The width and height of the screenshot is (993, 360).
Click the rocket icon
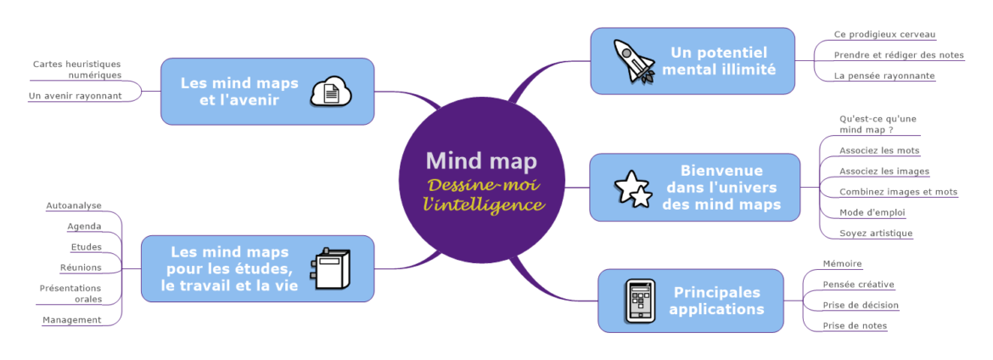633,60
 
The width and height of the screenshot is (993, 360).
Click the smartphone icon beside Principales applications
641,301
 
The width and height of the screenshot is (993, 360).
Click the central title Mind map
481,160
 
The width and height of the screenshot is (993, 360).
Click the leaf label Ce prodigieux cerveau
884,35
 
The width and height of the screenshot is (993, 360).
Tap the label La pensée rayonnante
884,76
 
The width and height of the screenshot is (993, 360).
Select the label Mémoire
842,264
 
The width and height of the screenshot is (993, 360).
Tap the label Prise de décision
861,305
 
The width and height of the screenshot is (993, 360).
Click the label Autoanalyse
74,205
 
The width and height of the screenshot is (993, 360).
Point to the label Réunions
81,267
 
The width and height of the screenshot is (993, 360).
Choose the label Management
72,320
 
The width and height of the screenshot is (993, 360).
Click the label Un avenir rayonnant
75,96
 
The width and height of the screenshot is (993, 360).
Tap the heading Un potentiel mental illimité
719,60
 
